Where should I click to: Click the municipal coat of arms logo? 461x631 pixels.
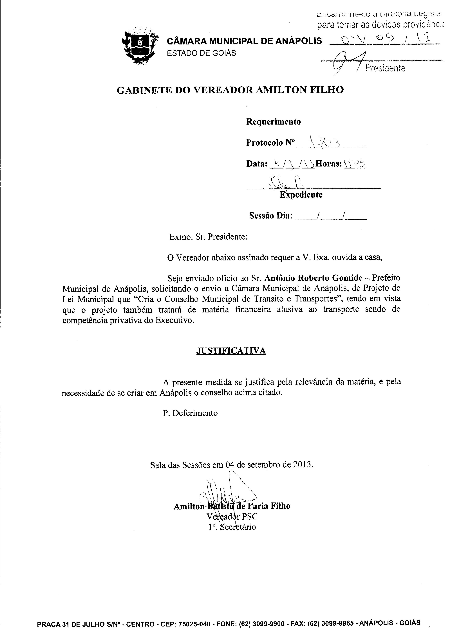(140, 46)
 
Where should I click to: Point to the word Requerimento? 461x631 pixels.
(274, 122)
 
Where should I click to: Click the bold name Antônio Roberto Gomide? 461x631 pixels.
(313, 278)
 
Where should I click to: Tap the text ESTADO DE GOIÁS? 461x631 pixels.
(201, 53)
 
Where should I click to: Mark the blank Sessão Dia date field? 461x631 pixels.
(331, 216)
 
